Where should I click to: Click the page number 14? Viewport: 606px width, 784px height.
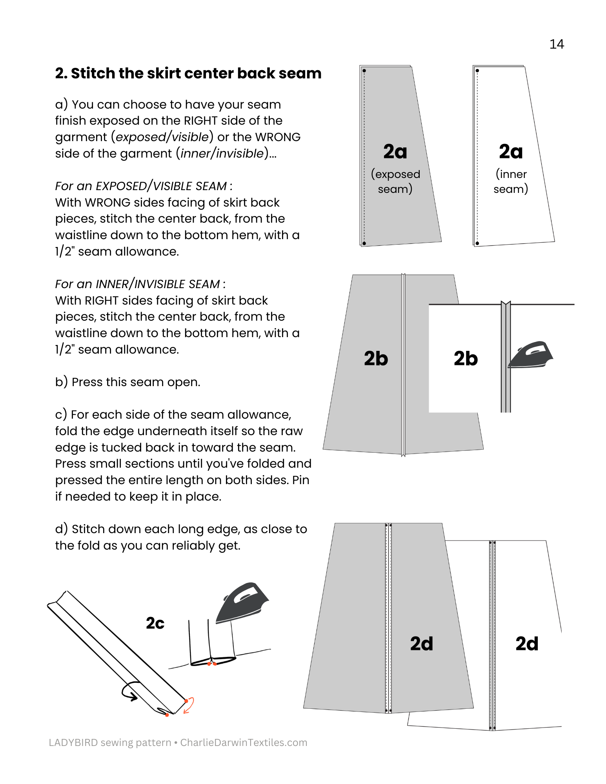pyautogui.click(x=556, y=44)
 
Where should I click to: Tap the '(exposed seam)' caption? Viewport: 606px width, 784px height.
pyautogui.click(x=395, y=181)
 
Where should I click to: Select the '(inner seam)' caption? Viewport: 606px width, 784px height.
pyautogui.click(x=511, y=181)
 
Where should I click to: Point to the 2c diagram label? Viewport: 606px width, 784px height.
pyautogui.click(x=155, y=623)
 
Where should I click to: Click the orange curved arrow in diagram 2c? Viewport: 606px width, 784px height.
pyautogui.click(x=189, y=705)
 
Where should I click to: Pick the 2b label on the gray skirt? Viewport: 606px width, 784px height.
pyautogui.click(x=376, y=359)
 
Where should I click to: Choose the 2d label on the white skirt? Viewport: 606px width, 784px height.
pyautogui.click(x=527, y=644)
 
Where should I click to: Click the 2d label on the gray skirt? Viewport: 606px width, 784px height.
pyautogui.click(x=422, y=644)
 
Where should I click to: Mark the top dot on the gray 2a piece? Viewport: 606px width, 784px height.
pyautogui.click(x=364, y=71)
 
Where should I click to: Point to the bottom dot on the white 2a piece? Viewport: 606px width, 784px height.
pyautogui.click(x=477, y=243)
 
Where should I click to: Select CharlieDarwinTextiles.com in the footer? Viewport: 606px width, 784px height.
pyautogui.click(x=244, y=742)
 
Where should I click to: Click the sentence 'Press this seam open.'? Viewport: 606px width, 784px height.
pyautogui.click(x=136, y=382)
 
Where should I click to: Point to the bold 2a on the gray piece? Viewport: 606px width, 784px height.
pyautogui.click(x=395, y=152)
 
